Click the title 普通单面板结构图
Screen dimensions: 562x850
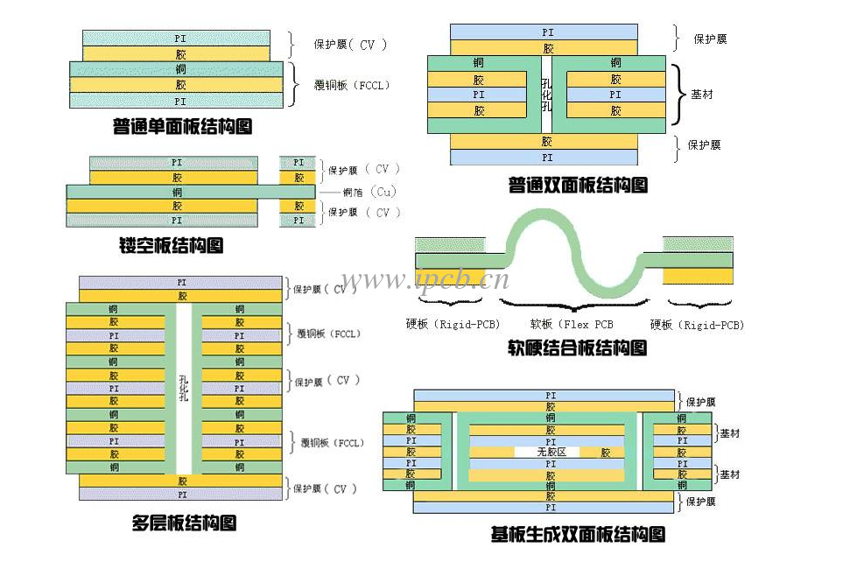click(x=182, y=127)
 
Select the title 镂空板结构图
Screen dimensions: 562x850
click(x=171, y=245)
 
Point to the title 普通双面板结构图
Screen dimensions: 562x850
click(x=578, y=186)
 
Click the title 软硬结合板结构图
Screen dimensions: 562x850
click(x=578, y=348)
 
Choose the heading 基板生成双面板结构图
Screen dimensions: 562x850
click(x=578, y=534)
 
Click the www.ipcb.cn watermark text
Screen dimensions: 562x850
click(x=425, y=280)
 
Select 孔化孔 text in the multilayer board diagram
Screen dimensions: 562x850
click(x=183, y=387)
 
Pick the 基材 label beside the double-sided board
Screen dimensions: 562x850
click(x=701, y=94)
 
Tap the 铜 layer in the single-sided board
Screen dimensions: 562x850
click(x=179, y=69)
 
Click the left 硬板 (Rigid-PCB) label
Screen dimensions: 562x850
click(x=453, y=325)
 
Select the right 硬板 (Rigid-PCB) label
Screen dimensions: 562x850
click(x=697, y=325)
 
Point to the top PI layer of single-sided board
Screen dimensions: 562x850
click(x=179, y=39)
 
